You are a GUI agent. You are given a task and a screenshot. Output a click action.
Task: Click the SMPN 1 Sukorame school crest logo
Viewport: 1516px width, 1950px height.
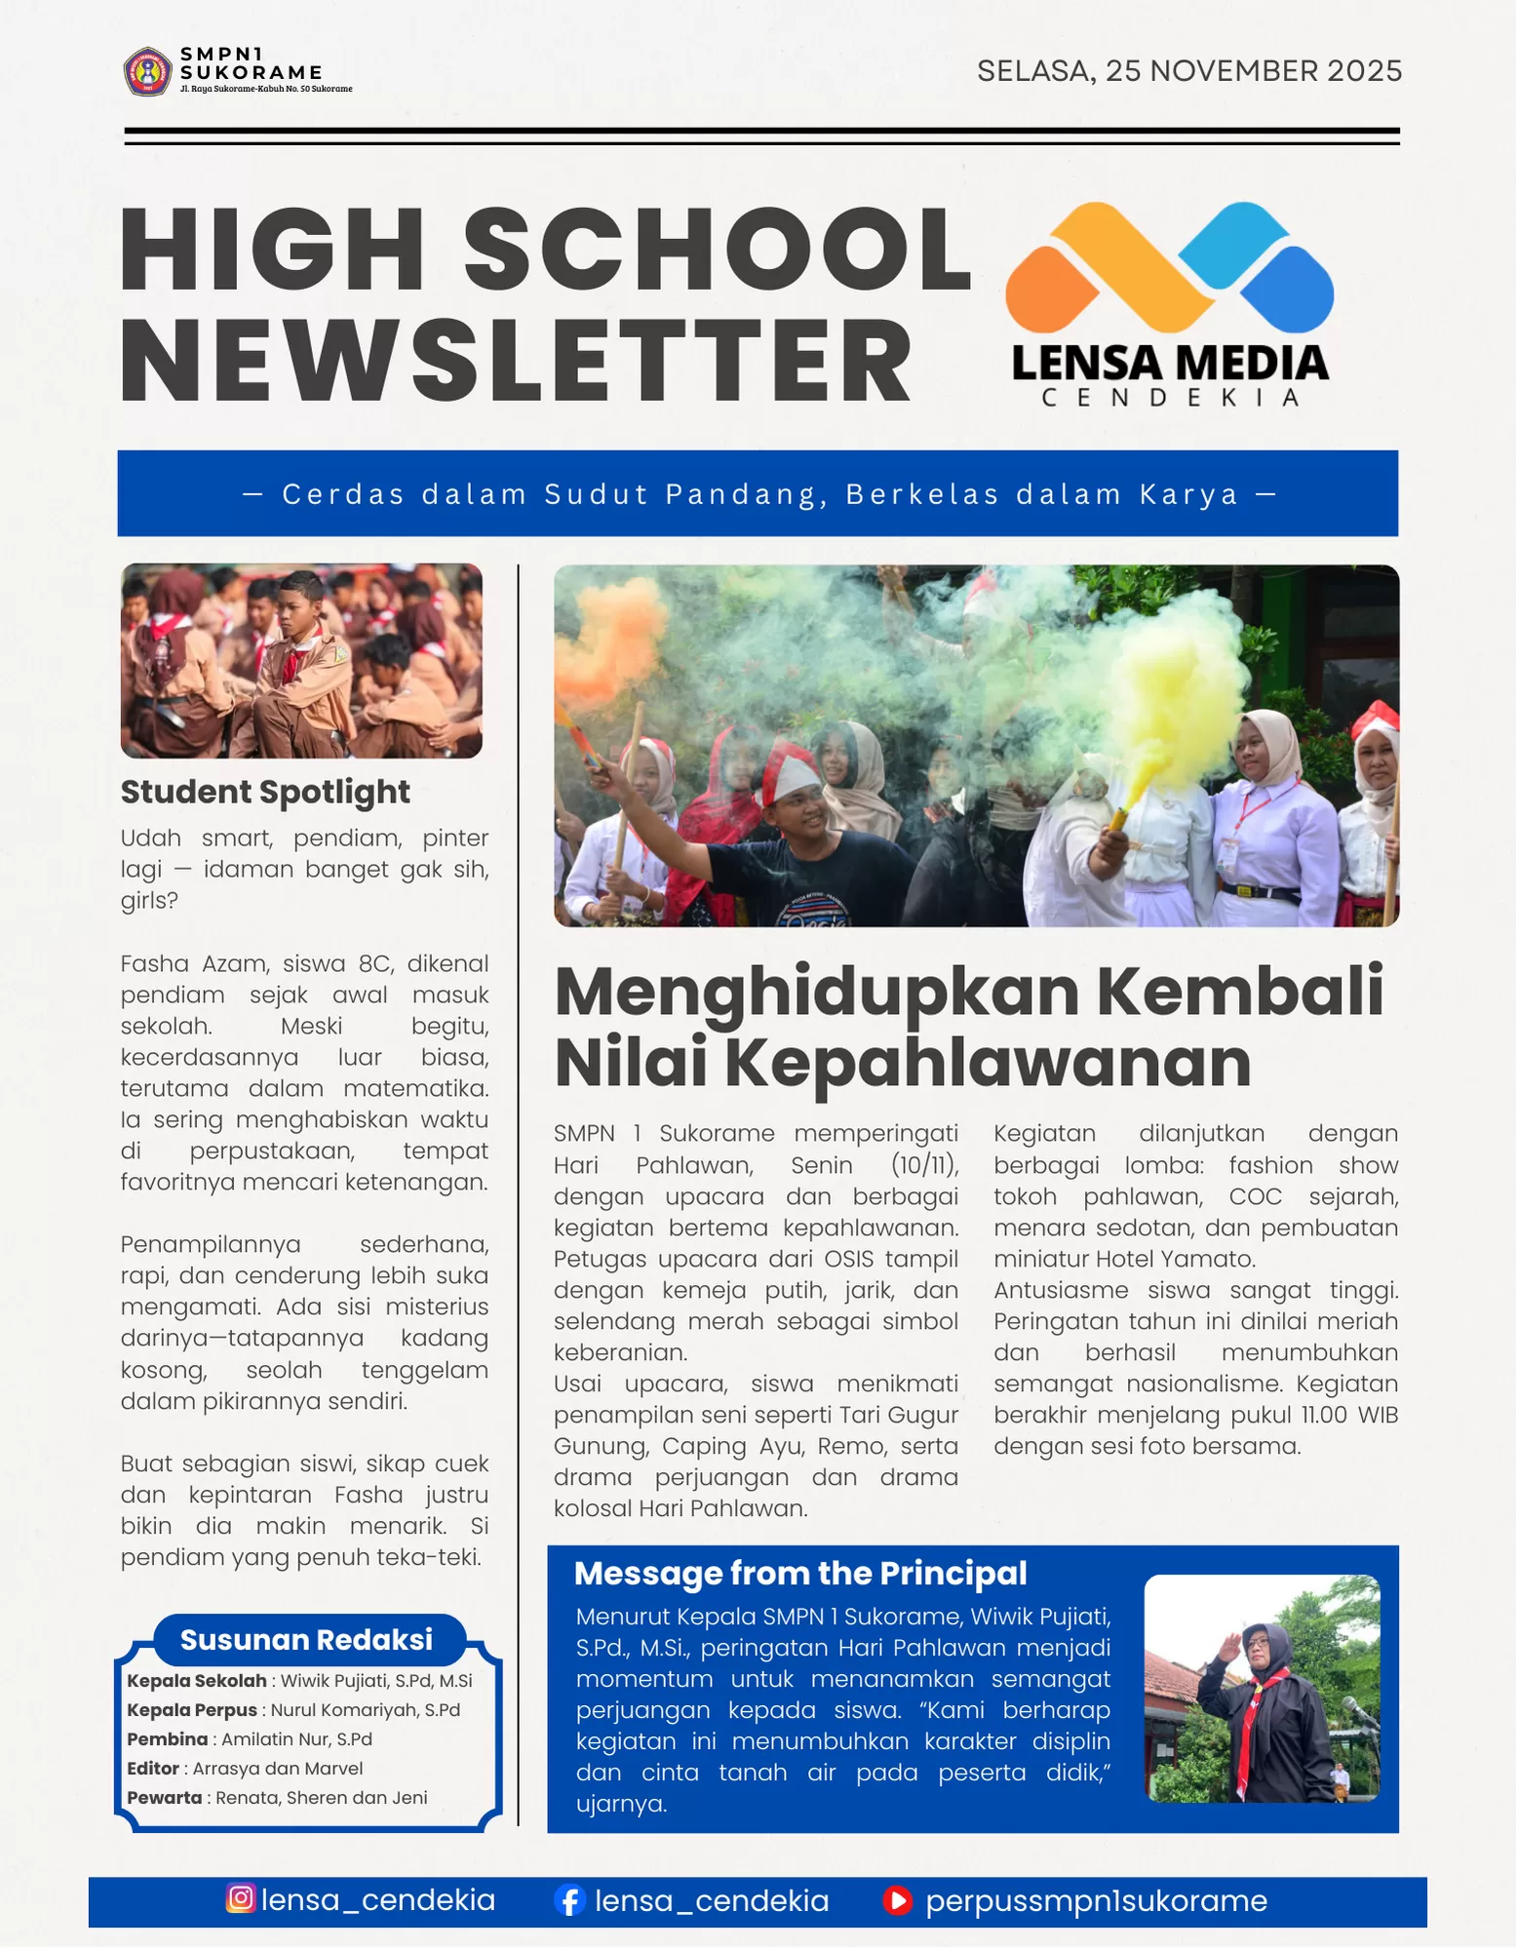click(147, 71)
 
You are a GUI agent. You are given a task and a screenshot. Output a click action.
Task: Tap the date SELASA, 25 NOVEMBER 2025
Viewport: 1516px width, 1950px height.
click(1188, 71)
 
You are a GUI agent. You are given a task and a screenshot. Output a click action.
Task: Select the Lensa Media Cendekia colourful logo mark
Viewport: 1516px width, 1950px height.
click(1169, 267)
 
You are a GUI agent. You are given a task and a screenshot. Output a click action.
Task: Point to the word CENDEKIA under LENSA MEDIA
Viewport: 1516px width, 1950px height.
click(1170, 398)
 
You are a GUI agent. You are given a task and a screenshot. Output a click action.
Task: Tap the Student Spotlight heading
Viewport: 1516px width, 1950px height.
click(265, 792)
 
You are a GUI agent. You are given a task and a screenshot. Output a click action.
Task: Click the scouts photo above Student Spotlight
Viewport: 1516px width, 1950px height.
click(301, 661)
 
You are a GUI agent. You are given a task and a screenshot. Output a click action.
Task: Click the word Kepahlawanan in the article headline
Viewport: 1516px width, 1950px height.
click(988, 1062)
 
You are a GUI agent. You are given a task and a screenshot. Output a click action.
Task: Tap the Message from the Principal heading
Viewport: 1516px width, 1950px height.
click(800, 1574)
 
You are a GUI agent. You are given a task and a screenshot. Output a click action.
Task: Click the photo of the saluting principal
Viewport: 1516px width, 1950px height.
click(1262, 1688)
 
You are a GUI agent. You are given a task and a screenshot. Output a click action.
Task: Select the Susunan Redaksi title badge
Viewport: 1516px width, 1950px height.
click(307, 1640)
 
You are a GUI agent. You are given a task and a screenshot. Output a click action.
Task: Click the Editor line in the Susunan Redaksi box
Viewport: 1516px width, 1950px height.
click(245, 1769)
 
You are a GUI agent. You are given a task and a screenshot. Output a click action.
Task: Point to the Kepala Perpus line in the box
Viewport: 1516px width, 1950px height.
click(292, 1710)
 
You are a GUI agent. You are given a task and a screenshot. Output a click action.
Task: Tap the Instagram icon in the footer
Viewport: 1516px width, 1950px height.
click(241, 1898)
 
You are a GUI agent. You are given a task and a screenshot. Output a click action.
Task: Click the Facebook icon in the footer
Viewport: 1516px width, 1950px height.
click(569, 1900)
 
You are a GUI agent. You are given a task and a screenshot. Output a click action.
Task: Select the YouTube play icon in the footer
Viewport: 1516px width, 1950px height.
click(897, 1900)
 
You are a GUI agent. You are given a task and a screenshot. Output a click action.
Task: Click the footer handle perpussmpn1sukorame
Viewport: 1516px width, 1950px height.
click(1096, 1900)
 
